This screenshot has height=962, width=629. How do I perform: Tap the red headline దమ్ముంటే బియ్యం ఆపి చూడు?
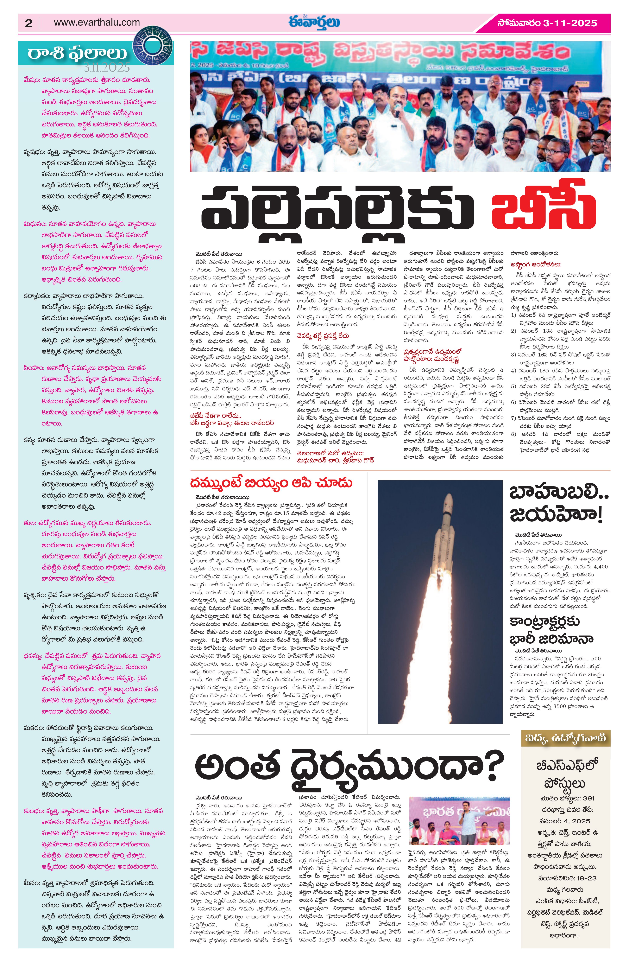[272, 483]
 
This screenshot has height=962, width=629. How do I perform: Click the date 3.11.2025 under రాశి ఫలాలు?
[107, 67]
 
